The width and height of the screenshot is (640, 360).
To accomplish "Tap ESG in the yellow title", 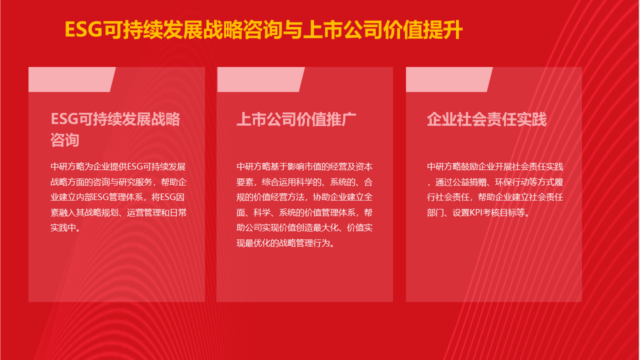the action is pyautogui.click(x=83, y=29).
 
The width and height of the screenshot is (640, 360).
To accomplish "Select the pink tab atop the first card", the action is pyautogui.click(x=72, y=79).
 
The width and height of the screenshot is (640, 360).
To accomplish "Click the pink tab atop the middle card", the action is pyautogui.click(x=261, y=79).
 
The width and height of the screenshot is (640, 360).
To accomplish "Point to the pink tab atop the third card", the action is pyautogui.click(x=449, y=79).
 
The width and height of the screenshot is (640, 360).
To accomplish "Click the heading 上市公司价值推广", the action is pyautogui.click(x=296, y=119).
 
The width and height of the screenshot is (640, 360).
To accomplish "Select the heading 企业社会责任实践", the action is pyautogui.click(x=486, y=119).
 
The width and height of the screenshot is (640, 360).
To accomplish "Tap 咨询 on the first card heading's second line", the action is pyautogui.click(x=65, y=140).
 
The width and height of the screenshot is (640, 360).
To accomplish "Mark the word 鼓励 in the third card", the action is pyautogui.click(x=469, y=166).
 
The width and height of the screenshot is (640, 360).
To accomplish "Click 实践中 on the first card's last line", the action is pyautogui.click(x=63, y=227).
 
